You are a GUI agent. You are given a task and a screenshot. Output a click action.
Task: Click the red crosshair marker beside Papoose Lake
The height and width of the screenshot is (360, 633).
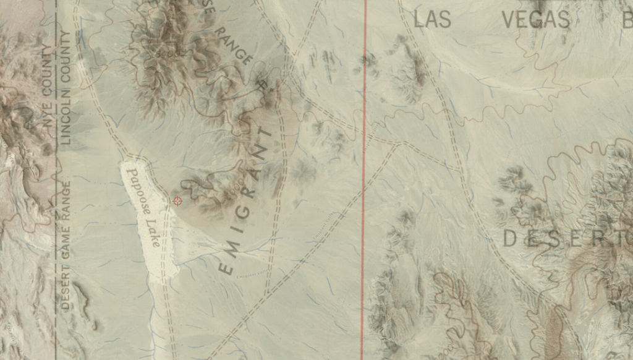[177, 201]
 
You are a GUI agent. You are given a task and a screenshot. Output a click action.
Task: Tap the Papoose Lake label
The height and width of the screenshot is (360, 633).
[144, 207]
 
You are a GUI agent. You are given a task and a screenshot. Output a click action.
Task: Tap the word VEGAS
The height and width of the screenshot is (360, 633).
[535, 19]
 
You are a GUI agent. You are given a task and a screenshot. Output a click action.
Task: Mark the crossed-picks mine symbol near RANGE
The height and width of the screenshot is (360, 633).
[262, 84]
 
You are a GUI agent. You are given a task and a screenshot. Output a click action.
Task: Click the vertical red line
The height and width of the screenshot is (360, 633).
[364, 186]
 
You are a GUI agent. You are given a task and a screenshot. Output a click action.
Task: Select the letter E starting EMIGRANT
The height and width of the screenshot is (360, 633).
[226, 267]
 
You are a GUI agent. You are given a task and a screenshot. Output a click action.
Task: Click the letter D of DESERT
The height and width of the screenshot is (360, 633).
[510, 239]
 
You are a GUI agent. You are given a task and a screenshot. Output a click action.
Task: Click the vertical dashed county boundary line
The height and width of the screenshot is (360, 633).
[57, 186]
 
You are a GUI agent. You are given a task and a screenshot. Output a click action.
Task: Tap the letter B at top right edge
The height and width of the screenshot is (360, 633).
[627, 19]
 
